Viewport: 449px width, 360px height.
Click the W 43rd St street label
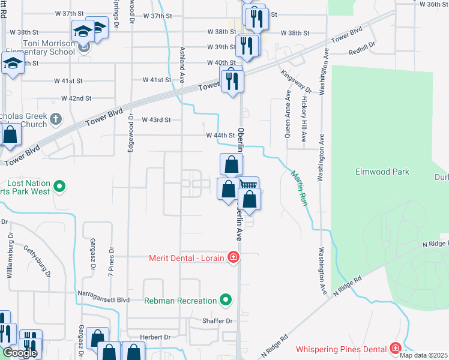tap(156, 120)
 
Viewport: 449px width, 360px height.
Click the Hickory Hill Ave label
tap(304, 117)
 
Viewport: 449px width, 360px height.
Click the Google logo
tap(20, 353)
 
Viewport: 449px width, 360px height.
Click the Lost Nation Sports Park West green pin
tap(59, 187)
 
